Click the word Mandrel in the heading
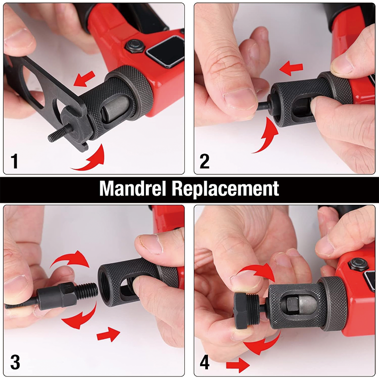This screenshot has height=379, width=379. coord(133,189)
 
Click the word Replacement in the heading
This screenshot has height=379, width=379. coord(226,189)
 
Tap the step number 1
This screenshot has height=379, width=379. coord(14,161)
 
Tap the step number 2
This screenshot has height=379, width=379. coord(205,161)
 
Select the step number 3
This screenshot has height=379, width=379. coord(15,362)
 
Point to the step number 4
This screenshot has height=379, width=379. coord(205,362)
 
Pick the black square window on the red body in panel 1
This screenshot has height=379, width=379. coord(166,51)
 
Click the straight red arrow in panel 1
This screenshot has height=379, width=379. coord(84,79)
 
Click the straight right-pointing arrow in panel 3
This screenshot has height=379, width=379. coord(108,334)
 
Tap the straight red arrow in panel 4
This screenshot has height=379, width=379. coord(238,365)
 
